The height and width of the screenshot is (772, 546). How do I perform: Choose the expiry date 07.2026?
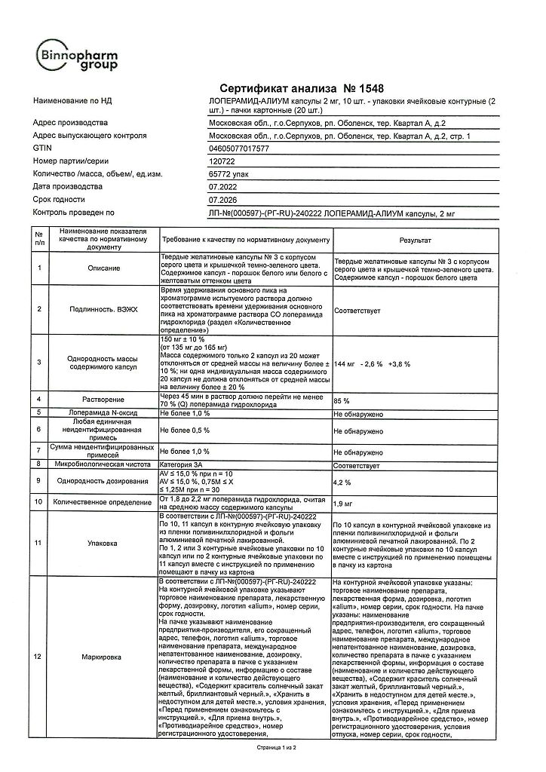click(x=222, y=200)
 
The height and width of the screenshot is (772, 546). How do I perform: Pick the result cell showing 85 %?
click(x=342, y=401)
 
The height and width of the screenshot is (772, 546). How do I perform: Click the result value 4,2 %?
click(x=343, y=480)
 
